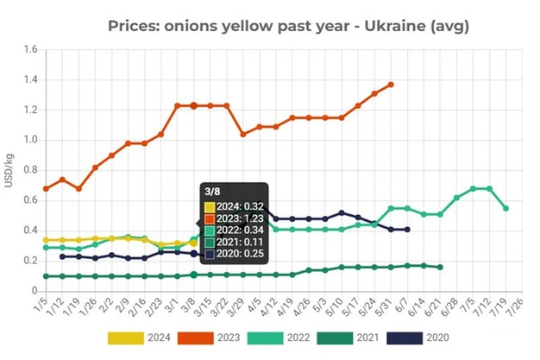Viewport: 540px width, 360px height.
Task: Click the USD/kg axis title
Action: coord(9,169)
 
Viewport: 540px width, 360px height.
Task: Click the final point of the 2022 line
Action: coord(505,208)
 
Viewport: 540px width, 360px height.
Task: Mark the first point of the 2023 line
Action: coord(46,188)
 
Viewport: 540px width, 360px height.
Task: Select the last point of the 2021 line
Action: coord(440,267)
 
